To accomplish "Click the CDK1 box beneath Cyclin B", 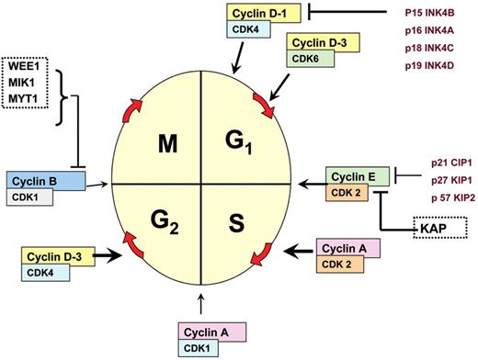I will (28, 197).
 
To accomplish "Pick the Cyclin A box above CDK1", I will (209, 332).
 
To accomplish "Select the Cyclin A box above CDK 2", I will (348, 246).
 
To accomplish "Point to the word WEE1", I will (27, 65).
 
